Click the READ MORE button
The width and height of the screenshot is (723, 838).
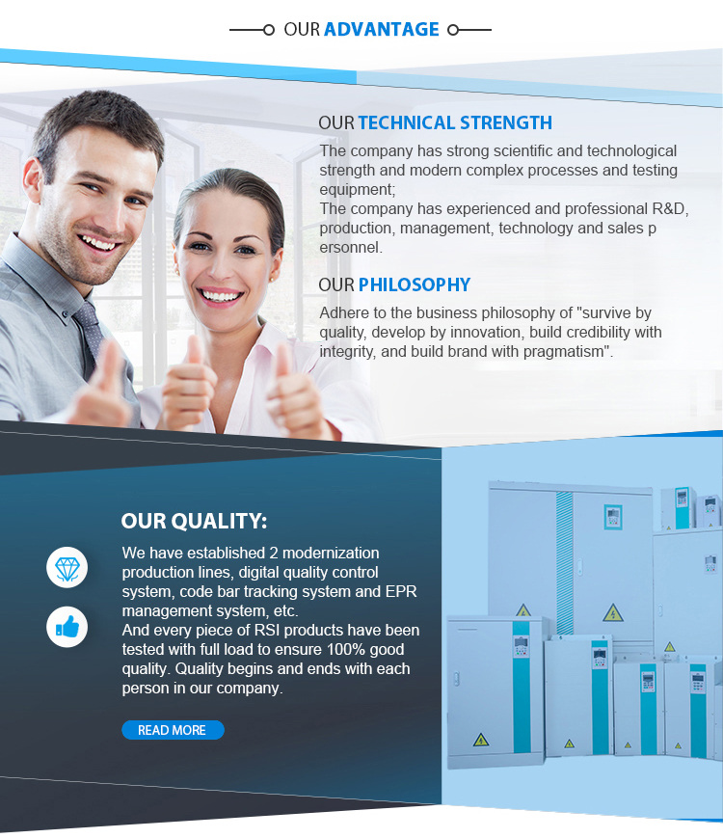click(173, 730)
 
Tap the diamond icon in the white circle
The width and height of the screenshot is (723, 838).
click(67, 569)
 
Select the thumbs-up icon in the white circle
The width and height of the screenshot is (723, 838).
click(67, 628)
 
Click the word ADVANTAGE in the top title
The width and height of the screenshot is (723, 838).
click(382, 29)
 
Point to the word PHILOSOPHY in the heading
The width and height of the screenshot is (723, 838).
click(415, 284)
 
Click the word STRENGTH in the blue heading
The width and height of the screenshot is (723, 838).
click(505, 122)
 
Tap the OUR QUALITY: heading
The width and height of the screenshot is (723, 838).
click(194, 521)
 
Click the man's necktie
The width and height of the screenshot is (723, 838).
click(90, 326)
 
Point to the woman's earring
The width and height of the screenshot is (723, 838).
click(271, 279)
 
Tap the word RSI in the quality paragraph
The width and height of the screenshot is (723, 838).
click(267, 630)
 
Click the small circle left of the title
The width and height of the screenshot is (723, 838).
click(269, 30)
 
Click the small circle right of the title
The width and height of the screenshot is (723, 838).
click(453, 30)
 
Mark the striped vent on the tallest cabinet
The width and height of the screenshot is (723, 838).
click(564, 561)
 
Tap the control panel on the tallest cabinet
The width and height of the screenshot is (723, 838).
click(613, 517)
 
